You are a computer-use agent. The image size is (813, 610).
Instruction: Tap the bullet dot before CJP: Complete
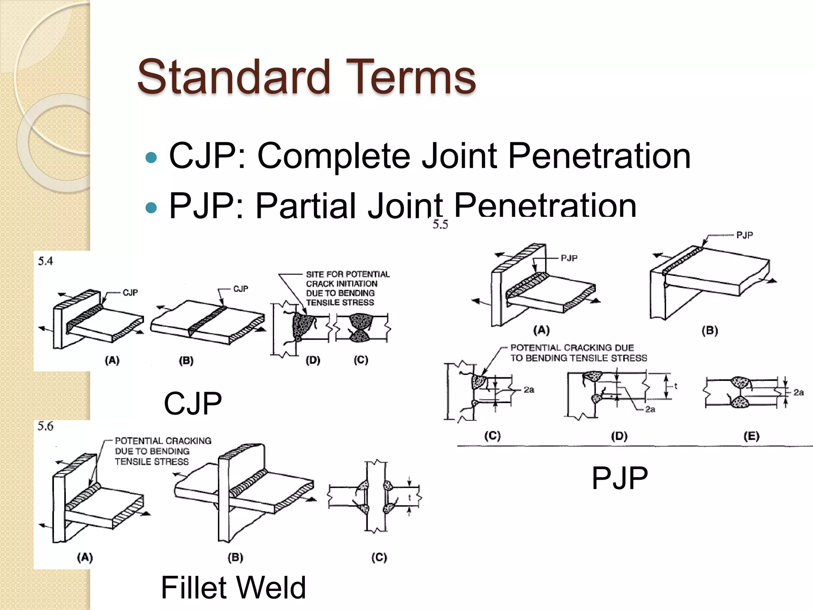click(x=151, y=158)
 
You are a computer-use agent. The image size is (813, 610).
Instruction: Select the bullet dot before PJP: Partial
click(x=151, y=207)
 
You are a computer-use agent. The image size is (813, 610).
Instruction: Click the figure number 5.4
click(x=45, y=261)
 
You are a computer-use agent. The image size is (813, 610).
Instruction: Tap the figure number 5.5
click(x=440, y=225)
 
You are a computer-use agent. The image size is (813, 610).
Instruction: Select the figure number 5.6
click(x=45, y=426)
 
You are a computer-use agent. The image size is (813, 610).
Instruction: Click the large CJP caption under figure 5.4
click(x=193, y=403)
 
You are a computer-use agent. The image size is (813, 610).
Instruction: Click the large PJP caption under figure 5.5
click(x=619, y=478)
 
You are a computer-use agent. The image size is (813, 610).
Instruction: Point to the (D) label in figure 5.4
click(x=313, y=360)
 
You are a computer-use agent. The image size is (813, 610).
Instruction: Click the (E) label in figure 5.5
click(x=751, y=436)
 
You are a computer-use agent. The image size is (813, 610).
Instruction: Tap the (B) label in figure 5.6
click(x=235, y=558)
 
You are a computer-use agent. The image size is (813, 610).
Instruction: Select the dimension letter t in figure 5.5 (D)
click(x=676, y=386)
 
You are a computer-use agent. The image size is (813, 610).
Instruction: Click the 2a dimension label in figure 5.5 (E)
click(x=799, y=392)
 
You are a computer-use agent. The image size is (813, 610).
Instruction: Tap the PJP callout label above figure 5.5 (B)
click(x=744, y=235)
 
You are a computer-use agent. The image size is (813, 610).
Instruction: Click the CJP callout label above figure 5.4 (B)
click(x=241, y=289)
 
